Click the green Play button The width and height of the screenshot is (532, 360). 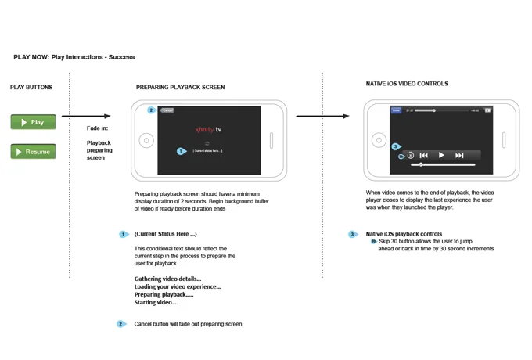[33, 122]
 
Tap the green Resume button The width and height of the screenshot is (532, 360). [33, 152]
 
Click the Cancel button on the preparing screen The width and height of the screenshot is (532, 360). [167, 110]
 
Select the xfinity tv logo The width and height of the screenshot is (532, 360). [209, 129]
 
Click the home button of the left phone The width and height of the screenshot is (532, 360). [146, 142]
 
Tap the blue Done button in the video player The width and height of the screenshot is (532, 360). [396, 110]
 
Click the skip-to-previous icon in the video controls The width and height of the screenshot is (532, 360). [423, 156]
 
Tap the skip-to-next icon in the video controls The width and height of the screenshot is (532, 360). [459, 156]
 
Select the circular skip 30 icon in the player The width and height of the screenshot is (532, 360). [410, 156]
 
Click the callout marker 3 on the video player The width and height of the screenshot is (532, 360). [396, 146]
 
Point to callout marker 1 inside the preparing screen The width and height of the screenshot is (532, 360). [182, 151]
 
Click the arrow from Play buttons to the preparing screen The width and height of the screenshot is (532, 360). [86, 117]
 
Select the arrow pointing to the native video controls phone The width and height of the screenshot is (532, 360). [322, 117]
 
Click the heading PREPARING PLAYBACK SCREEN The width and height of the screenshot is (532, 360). [180, 88]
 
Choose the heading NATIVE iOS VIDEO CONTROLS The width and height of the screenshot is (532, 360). [407, 84]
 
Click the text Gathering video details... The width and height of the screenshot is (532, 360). [167, 279]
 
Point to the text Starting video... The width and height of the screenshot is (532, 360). [155, 302]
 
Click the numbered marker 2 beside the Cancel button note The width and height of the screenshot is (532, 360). [120, 324]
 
